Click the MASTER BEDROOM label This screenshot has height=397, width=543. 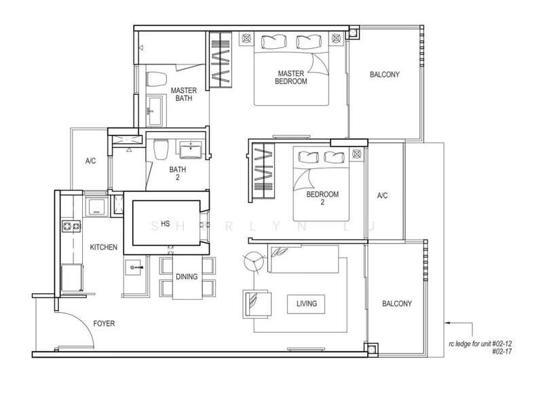(292, 77)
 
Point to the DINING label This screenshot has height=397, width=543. (186, 276)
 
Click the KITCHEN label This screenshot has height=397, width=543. (104, 248)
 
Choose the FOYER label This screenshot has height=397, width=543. (104, 324)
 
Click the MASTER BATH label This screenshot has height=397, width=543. (183, 94)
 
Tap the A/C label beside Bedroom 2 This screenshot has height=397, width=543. (382, 196)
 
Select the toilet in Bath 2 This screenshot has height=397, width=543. (160, 149)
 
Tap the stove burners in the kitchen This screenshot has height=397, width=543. (69, 225)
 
